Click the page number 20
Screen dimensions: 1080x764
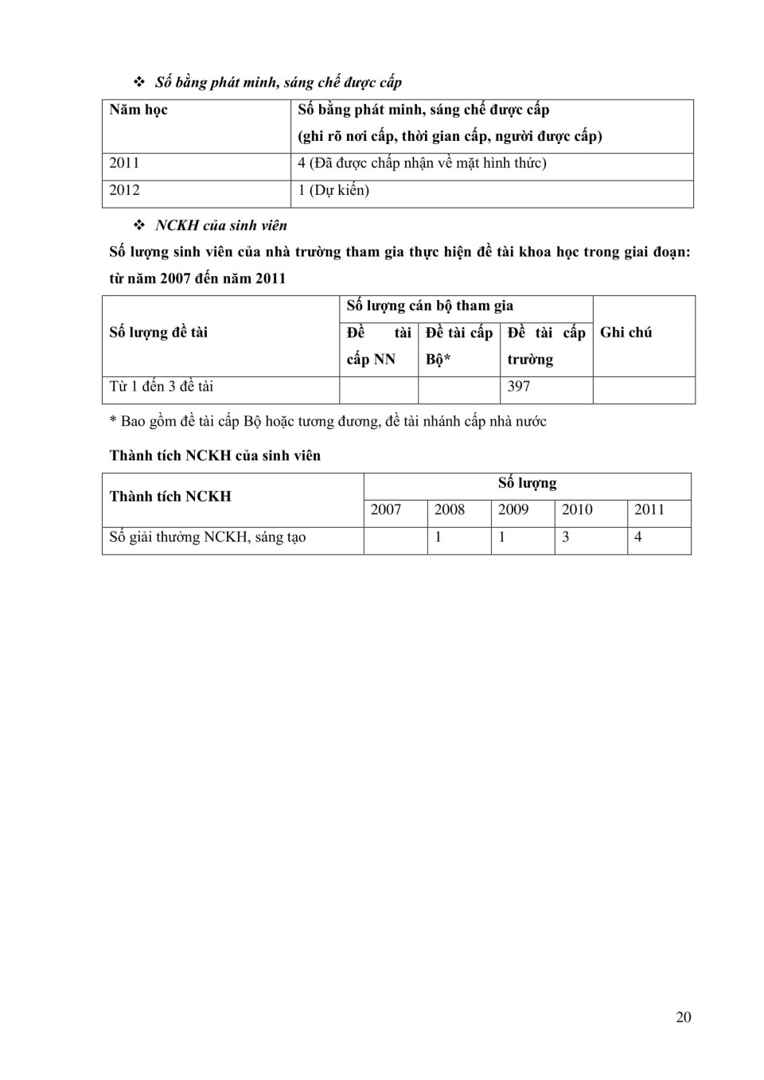[683, 1017]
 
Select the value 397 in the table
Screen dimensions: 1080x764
[519, 387]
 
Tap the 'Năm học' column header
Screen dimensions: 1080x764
[138, 110]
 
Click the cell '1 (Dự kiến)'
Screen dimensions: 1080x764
[333, 190]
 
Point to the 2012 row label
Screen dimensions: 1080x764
[124, 190]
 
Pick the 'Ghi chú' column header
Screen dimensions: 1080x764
[626, 333]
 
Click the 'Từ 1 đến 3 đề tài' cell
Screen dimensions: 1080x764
[162, 387]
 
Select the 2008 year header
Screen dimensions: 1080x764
[449, 510]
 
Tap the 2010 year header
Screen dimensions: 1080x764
[577, 510]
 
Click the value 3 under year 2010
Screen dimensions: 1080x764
[566, 537]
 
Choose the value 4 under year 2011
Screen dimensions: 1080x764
[638, 537]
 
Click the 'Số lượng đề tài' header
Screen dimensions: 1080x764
[158, 333]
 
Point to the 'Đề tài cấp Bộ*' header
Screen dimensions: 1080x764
[458, 345]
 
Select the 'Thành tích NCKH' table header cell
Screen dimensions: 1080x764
[170, 497]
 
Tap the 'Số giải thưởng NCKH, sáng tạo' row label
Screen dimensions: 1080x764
[208, 537]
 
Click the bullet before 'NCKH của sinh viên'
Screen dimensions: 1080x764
[139, 225]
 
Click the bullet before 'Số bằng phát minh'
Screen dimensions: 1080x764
[139, 82]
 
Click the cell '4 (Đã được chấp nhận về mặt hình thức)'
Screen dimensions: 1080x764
[422, 163]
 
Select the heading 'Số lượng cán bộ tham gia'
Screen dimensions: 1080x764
[430, 306]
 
